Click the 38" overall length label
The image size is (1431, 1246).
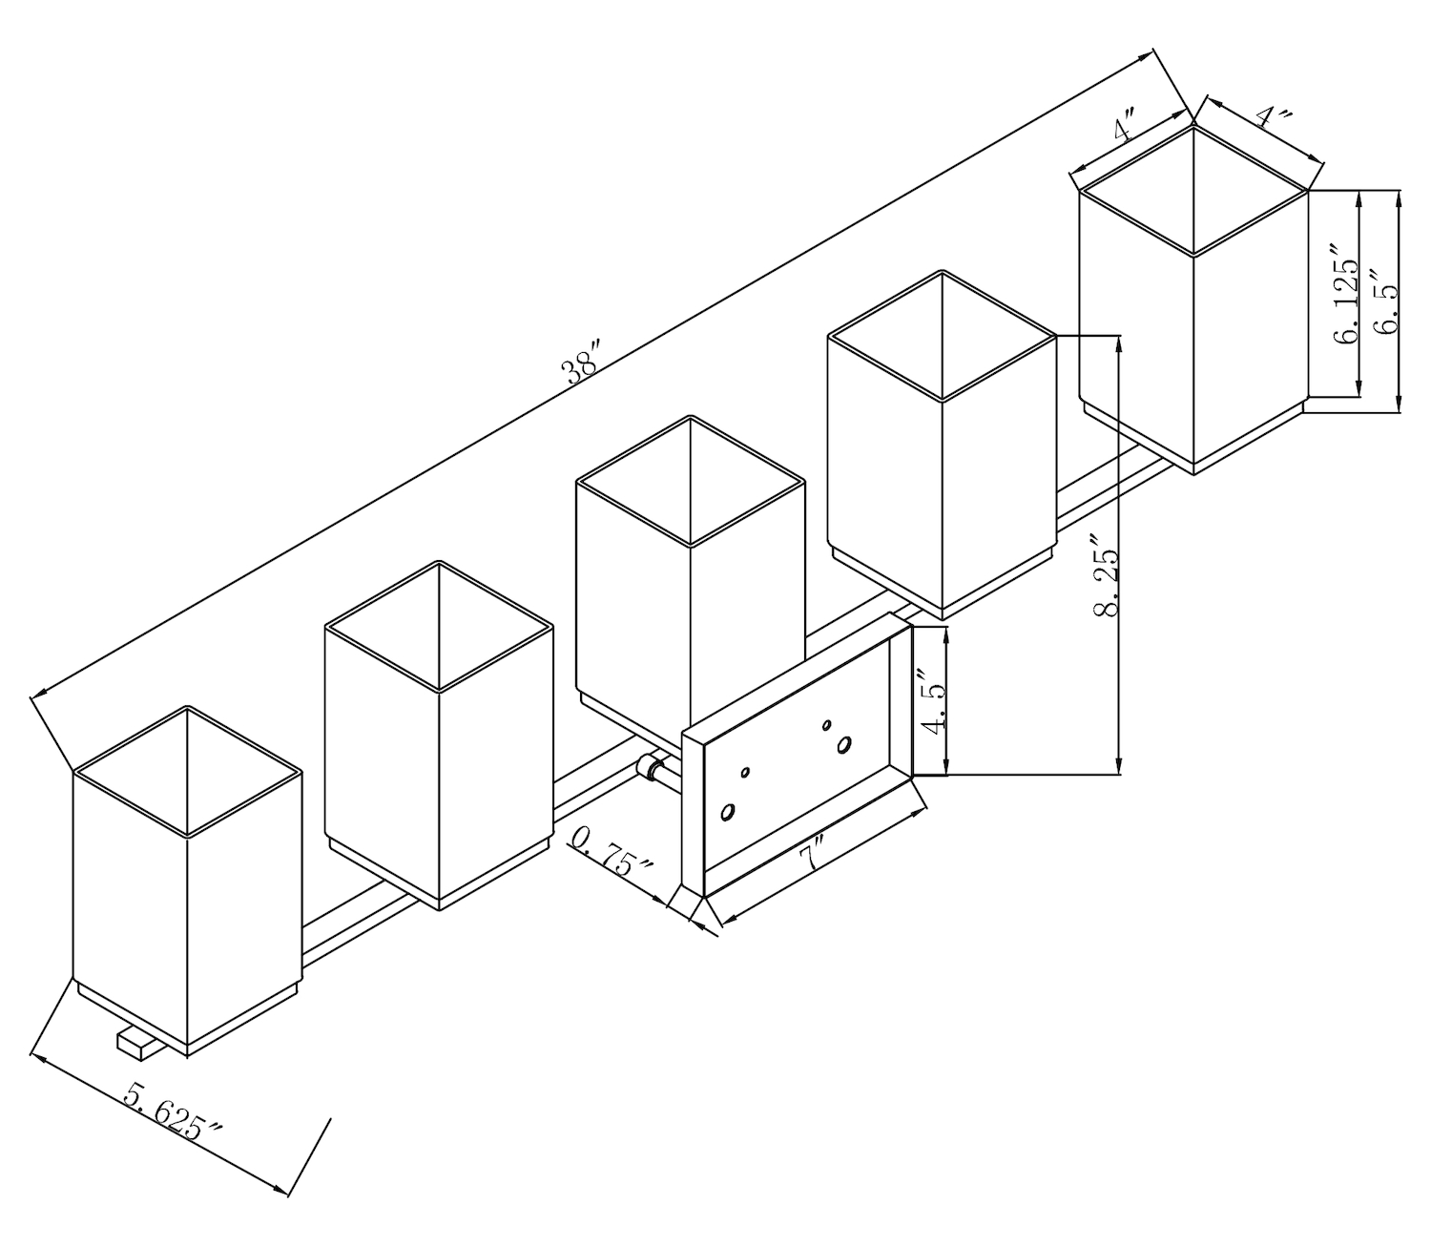[583, 363]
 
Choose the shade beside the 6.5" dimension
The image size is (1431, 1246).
[1193, 300]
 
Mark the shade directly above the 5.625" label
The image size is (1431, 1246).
[187, 881]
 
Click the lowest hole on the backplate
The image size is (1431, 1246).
[727, 812]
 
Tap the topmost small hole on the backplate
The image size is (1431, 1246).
[827, 724]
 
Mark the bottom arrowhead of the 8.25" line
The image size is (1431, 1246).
[1120, 766]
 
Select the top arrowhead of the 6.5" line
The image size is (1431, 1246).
[1399, 198]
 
